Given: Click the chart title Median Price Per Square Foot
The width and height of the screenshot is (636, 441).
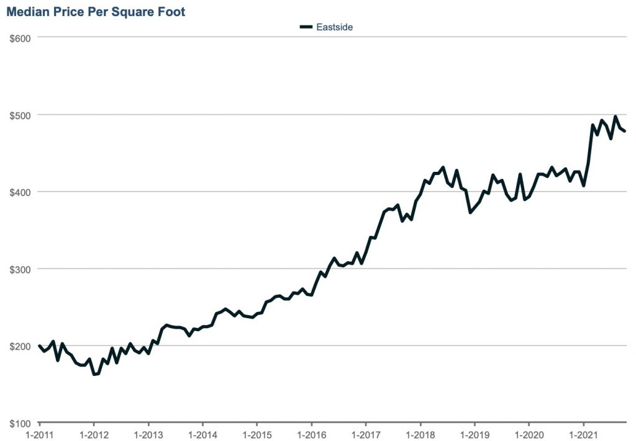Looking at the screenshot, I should point(96,12).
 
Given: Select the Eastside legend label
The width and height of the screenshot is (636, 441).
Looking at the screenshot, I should point(335,27).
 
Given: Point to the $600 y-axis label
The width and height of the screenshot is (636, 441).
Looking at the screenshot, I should point(20,37).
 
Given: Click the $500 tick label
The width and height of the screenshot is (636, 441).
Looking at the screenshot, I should point(20,115).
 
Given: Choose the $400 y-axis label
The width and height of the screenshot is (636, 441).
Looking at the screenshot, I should point(20,192).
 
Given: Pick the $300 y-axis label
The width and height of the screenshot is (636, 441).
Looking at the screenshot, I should point(20,269).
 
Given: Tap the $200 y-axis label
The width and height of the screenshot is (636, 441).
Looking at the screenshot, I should point(20,345).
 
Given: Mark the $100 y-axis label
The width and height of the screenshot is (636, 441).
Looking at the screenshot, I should point(20,423).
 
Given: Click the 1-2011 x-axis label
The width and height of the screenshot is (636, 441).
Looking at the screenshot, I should point(39,434).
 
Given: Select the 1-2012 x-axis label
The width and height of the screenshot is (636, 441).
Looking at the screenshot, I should point(93,434).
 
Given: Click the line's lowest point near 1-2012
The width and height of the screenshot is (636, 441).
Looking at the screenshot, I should point(94,374).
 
